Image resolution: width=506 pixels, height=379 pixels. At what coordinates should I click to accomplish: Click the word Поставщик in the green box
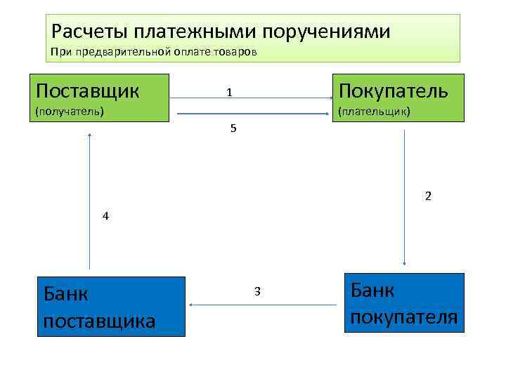(x=87, y=91)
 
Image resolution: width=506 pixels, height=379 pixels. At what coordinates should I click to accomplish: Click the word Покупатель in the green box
(x=393, y=91)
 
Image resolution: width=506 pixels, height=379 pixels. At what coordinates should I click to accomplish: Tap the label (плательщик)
(x=375, y=111)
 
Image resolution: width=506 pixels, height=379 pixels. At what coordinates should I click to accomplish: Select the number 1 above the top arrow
(x=229, y=93)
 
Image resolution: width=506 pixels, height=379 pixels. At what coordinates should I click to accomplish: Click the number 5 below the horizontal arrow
(x=233, y=128)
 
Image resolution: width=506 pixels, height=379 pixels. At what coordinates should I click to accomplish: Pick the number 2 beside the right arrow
(x=428, y=196)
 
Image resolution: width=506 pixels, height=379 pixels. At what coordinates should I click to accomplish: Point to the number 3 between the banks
(x=258, y=291)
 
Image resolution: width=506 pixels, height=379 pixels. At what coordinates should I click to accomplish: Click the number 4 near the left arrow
(x=105, y=216)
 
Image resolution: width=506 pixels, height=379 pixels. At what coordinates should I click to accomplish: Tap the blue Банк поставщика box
(x=111, y=307)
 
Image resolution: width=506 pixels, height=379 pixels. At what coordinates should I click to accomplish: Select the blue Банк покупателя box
(x=404, y=302)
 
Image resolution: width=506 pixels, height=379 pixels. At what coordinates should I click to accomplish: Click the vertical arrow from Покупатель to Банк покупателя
(x=406, y=197)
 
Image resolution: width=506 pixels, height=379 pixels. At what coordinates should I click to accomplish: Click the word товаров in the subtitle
(x=238, y=52)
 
